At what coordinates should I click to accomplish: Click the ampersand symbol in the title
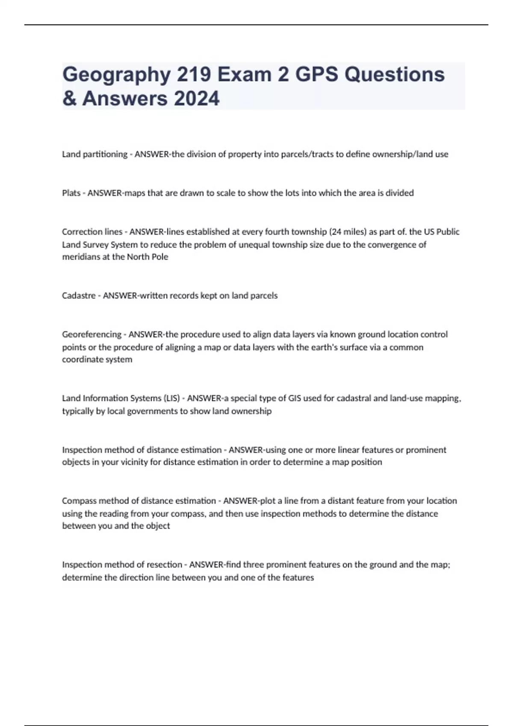pyautogui.click(x=68, y=99)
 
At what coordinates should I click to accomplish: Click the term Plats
pyautogui.click(x=71, y=193)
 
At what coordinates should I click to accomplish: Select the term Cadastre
pyautogui.click(x=79, y=296)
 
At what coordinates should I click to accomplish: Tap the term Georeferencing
pyautogui.click(x=91, y=334)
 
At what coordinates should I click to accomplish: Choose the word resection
pyautogui.click(x=165, y=565)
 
